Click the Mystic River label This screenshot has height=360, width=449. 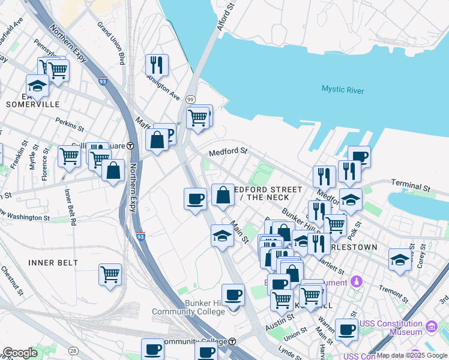(342, 89)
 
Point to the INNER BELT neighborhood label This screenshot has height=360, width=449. (53, 263)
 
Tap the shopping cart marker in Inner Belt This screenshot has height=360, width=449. (110, 274)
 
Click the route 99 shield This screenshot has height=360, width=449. (190, 98)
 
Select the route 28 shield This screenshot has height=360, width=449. (73, 350)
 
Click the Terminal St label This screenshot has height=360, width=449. (411, 185)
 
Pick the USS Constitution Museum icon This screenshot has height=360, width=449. (431, 327)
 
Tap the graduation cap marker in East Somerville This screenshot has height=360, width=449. (37, 85)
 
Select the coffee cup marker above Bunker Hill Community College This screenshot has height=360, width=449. (233, 294)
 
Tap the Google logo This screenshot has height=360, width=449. (20, 353)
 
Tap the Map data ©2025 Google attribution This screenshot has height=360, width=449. (412, 355)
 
